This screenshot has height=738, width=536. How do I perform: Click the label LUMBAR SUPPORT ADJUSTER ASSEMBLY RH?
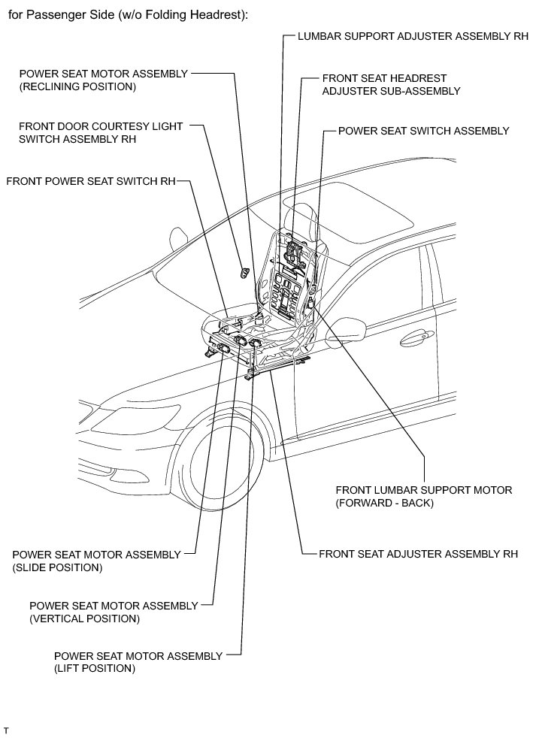[413, 35]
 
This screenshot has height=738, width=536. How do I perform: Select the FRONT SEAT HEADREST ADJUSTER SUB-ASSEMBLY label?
[390, 84]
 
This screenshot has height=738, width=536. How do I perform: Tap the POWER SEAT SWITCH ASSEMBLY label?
[423, 131]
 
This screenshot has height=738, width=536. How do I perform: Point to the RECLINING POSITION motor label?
[103, 80]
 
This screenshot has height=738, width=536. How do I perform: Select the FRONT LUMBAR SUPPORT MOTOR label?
[423, 496]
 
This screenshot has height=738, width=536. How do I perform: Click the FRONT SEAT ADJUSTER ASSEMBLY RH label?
[418, 555]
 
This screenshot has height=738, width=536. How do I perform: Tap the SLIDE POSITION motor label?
[96, 561]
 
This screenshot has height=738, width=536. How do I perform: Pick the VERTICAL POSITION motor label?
[113, 612]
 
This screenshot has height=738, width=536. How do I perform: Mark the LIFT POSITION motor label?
[138, 662]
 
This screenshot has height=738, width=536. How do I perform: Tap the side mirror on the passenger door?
[347, 329]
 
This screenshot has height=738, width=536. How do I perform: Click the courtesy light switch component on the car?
[244, 271]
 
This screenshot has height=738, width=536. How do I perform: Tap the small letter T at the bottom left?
[6, 730]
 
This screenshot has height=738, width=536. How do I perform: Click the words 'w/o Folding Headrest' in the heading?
[184, 14]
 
